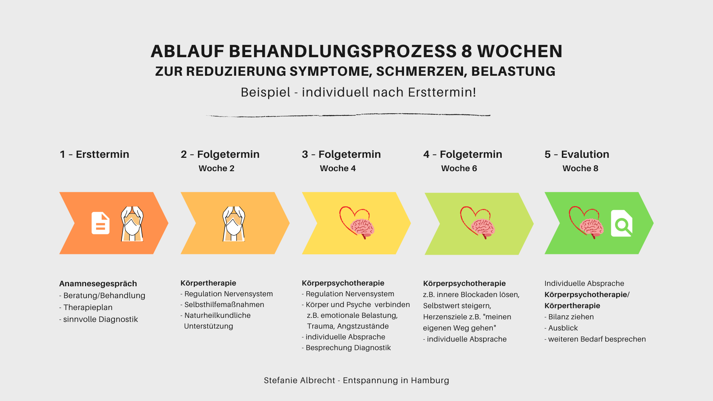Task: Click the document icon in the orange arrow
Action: pos(101,223)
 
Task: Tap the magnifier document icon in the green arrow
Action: pos(622,223)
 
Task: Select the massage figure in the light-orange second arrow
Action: pos(234,224)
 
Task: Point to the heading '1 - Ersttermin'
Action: pos(94,154)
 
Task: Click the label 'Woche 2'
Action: pos(216,168)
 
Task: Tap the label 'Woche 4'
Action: pos(338,168)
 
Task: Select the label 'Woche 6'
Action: pos(459,168)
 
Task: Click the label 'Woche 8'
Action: pos(580,168)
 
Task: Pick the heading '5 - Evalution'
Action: pos(577,154)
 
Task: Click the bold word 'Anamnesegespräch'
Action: pos(98,284)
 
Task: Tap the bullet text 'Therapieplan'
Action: pos(88,307)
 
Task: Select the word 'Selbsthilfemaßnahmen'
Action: pos(224,304)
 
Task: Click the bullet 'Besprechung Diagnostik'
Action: pos(348,348)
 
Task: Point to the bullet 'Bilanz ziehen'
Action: pos(571,317)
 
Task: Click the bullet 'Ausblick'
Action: pos(563,328)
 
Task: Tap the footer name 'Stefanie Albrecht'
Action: pos(299,380)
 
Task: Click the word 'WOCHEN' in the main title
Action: pos(520,51)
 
